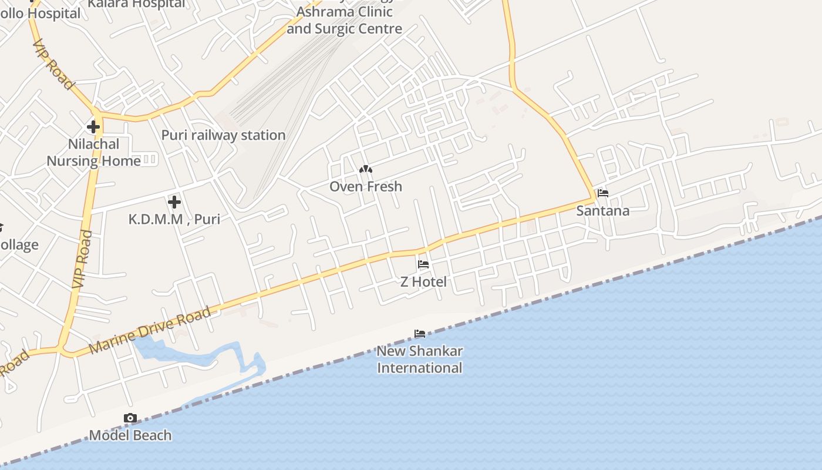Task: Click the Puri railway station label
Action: point(223,135)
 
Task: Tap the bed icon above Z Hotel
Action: point(423,264)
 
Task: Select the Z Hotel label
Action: point(423,282)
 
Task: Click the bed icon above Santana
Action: point(602,193)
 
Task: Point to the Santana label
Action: point(602,210)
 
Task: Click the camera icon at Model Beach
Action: point(130,418)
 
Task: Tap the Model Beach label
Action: point(130,435)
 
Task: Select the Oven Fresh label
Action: point(366,187)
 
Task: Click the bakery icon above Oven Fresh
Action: point(366,169)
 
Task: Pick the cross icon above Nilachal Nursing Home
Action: point(93,126)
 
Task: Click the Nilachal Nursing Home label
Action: point(94,153)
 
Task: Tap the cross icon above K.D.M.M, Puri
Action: point(174,202)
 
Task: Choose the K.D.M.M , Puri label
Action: point(174,219)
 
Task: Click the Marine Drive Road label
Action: point(150,330)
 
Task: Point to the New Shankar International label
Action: point(419,360)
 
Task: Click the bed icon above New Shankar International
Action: point(419,334)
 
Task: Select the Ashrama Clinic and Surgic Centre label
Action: point(345,20)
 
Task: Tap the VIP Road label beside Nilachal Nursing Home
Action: point(82,258)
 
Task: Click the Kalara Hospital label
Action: point(136,4)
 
